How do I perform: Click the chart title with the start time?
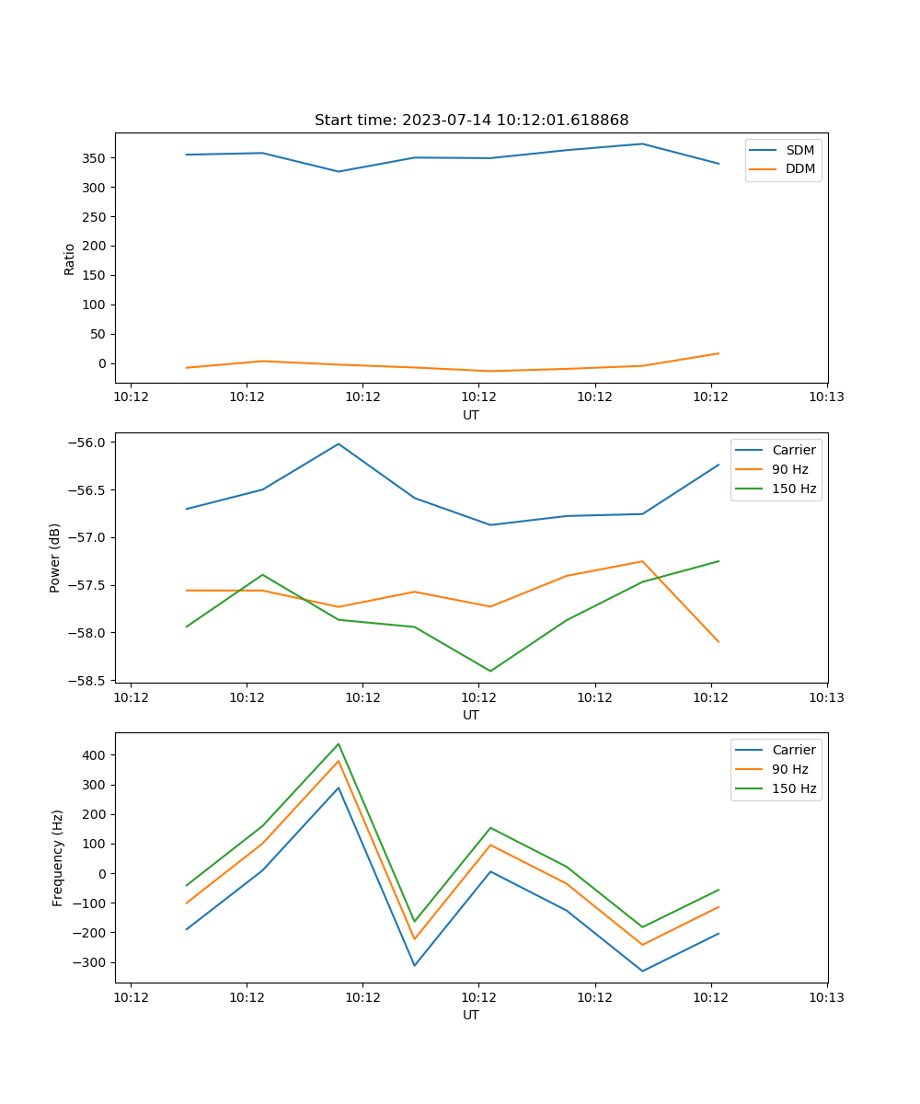[471, 121]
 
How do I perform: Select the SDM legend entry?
[799, 150]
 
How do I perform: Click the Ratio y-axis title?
[70, 259]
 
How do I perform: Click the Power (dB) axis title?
[55, 558]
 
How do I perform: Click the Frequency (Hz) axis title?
[58, 857]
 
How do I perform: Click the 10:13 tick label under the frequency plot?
[826, 997]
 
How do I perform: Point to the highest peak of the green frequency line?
[339, 743]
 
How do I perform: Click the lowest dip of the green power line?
[490, 671]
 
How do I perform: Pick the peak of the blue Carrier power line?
[339, 443]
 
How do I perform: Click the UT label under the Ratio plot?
[471, 415]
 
